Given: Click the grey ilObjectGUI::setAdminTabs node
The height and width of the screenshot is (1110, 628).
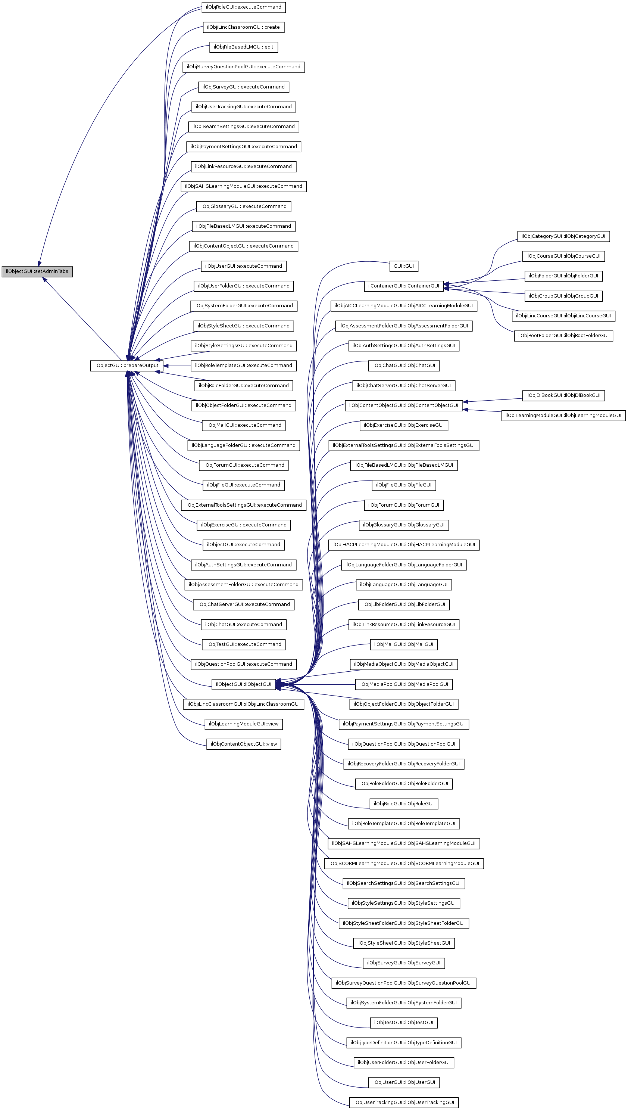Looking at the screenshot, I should pyautogui.click(x=37, y=271).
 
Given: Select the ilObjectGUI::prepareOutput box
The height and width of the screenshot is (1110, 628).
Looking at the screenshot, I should pyautogui.click(x=126, y=366).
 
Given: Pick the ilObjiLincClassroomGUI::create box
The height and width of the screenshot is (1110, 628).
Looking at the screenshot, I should pyautogui.click(x=243, y=27).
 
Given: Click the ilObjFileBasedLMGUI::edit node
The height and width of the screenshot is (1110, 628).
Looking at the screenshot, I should pyautogui.click(x=243, y=47).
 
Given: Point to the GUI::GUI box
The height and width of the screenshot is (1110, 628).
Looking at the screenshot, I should pyautogui.click(x=403, y=266).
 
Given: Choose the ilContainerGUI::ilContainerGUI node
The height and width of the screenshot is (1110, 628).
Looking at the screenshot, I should pyautogui.click(x=403, y=286).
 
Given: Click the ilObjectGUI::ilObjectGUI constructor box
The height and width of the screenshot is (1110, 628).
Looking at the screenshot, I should pyautogui.click(x=243, y=684).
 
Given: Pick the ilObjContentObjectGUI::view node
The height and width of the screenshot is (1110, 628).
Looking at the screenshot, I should pyautogui.click(x=243, y=744).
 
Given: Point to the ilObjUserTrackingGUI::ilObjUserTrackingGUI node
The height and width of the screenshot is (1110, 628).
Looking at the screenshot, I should pyautogui.click(x=403, y=1103).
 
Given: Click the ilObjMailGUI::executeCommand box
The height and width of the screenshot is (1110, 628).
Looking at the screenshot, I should pyautogui.click(x=243, y=426).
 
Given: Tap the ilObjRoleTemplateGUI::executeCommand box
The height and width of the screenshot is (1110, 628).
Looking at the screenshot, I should pyautogui.click(x=243, y=366).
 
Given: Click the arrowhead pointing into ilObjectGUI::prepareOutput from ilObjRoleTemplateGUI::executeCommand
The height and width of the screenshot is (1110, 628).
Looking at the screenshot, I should pyautogui.click(x=166, y=366).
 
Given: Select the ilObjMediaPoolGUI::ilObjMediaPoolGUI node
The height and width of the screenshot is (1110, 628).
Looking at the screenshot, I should pyautogui.click(x=403, y=684).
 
